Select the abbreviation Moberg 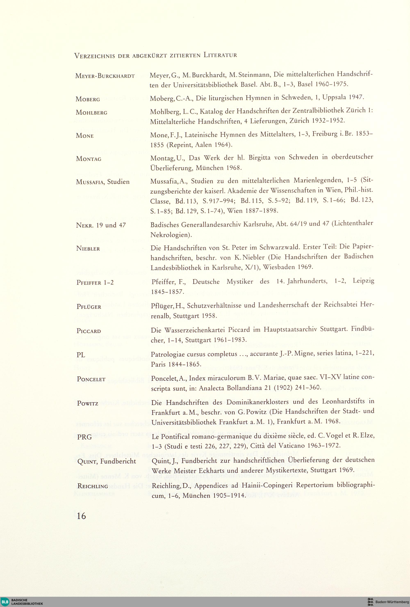coord(88,100)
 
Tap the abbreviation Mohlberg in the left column coord(91,113)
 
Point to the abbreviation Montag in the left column coord(89,159)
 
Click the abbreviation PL coord(81,355)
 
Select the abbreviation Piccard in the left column coord(89,331)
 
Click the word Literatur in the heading coord(220,55)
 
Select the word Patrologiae coord(169,354)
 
